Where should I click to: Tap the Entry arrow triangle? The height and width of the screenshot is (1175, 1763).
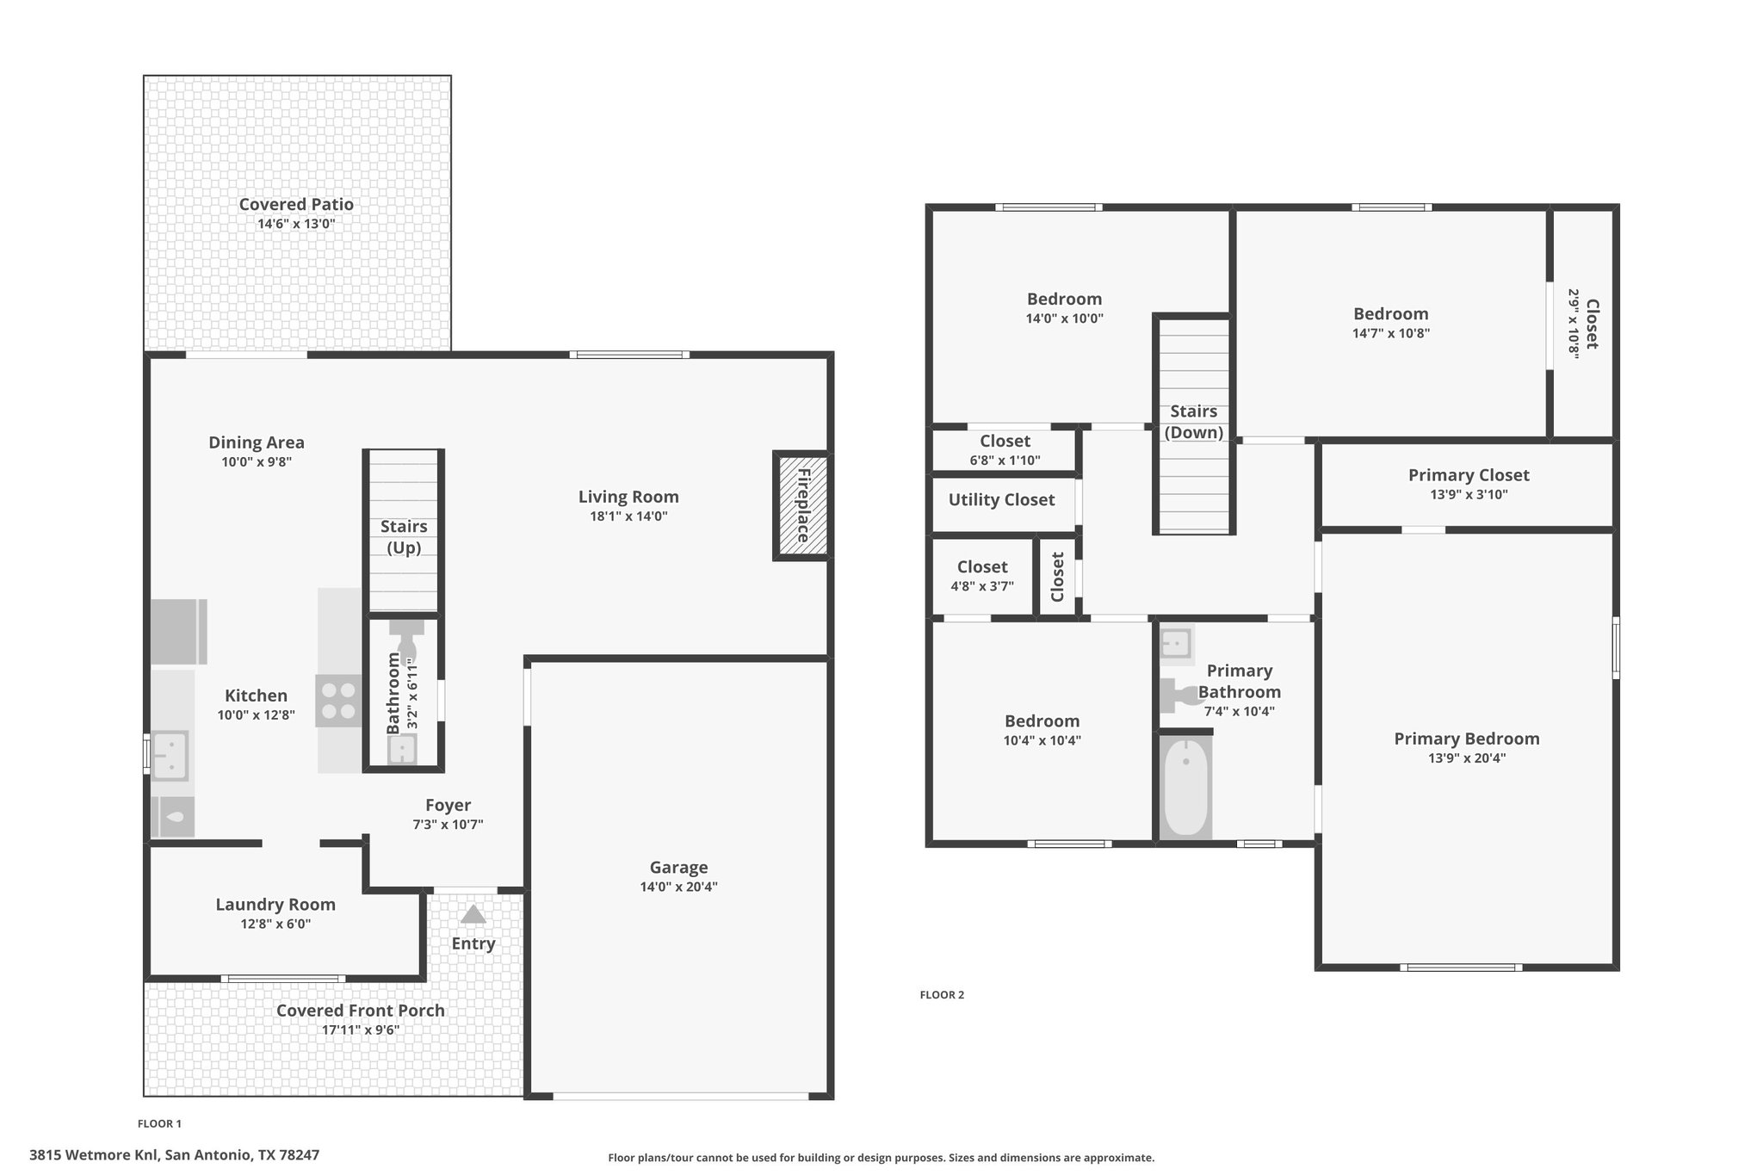(x=473, y=914)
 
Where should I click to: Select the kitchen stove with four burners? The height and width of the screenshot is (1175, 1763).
(x=338, y=701)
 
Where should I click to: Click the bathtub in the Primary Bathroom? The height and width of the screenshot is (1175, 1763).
(x=1185, y=787)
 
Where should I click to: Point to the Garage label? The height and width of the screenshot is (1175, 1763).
(x=678, y=868)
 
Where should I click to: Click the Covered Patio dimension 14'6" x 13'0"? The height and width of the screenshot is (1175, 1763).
(x=296, y=224)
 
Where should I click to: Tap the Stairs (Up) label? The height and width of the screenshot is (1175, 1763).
(x=404, y=537)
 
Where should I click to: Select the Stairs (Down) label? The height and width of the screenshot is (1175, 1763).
(x=1194, y=422)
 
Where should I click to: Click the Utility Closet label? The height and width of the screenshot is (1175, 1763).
(x=1001, y=500)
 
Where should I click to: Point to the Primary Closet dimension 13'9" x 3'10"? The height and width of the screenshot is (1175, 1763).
(x=1469, y=495)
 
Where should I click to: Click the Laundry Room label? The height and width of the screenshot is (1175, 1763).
(x=275, y=905)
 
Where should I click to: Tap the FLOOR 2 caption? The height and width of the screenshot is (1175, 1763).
(x=942, y=995)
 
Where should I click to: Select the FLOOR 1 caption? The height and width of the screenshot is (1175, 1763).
(x=159, y=1123)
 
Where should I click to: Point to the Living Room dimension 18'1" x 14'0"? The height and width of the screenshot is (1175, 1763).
(x=628, y=516)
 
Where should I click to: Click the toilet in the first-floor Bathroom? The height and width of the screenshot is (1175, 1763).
(x=406, y=641)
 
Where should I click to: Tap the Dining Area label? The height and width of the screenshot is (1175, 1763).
(x=257, y=442)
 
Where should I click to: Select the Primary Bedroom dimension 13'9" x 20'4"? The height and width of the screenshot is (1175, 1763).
(x=1467, y=758)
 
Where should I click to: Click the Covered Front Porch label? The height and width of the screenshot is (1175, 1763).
(x=361, y=1011)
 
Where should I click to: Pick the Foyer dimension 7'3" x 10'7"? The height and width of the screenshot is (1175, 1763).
(x=448, y=825)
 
